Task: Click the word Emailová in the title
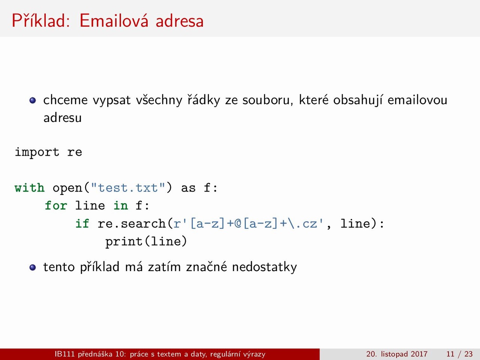pos(114,21)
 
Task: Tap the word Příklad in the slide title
pos(41,20)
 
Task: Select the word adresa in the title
pos(180,21)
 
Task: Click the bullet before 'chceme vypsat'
pos(33,100)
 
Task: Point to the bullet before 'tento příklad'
pos(33,267)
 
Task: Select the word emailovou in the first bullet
pos(417,100)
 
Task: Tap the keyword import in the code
pos(37,152)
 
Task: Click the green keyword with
pos(30,188)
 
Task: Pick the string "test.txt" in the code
pos(128,188)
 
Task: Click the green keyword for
pos(56,205)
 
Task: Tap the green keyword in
pos(121,205)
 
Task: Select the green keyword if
pos(82,223)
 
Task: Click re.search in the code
pos(131,223)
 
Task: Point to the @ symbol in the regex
pos(238,223)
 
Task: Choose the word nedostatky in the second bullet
pos(264,267)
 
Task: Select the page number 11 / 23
pos(459,354)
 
